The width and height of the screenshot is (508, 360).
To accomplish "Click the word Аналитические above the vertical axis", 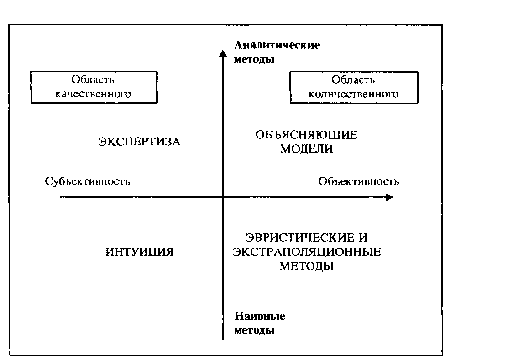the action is click(x=277, y=45).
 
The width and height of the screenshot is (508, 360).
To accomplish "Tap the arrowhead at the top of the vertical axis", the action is click(x=223, y=54).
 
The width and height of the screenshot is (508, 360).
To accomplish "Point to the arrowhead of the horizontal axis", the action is click(x=389, y=197).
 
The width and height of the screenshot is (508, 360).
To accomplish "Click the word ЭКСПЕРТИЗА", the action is click(x=139, y=142).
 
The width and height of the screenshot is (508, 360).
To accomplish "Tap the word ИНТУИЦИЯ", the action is click(x=140, y=252).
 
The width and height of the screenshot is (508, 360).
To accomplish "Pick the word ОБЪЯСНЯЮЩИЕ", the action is click(x=306, y=135).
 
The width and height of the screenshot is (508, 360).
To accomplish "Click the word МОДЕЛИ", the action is click(x=306, y=149).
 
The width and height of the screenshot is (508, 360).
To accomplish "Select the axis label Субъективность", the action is click(x=88, y=181).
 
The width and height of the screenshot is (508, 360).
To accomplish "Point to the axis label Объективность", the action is click(x=359, y=181).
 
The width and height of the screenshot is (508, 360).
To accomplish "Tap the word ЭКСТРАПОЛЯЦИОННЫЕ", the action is click(x=307, y=252).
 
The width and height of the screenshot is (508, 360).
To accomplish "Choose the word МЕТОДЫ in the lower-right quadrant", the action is click(x=306, y=266).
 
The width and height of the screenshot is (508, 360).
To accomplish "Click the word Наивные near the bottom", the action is click(x=260, y=316).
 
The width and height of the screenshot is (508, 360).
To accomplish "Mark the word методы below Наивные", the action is click(x=254, y=330).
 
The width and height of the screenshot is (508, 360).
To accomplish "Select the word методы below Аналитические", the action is click(x=254, y=59).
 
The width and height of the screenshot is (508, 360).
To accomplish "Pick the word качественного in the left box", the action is click(x=93, y=94).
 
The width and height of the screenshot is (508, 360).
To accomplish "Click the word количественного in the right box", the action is click(x=354, y=94).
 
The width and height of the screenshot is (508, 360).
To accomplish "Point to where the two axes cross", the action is click(x=223, y=197).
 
